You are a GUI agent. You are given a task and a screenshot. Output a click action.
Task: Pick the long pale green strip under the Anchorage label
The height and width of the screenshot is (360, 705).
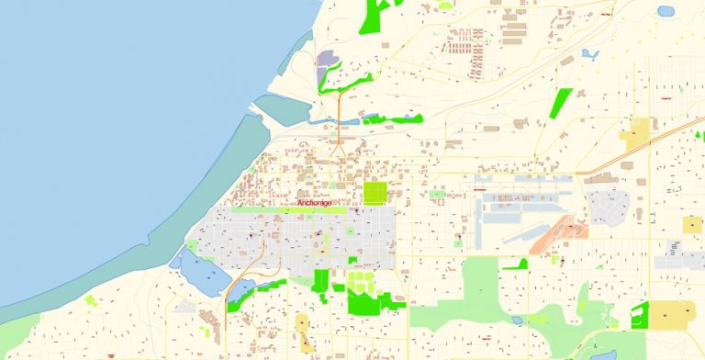pos(289,210)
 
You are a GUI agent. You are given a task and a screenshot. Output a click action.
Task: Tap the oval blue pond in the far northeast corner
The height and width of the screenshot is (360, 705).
pos(666,12)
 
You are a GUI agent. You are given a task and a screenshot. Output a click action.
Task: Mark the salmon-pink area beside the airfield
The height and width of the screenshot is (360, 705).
pos(562,228)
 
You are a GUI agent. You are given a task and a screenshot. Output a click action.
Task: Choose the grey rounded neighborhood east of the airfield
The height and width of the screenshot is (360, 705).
pos(607,207)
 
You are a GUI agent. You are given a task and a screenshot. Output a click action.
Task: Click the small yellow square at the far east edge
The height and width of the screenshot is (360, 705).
pos(691,224)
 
